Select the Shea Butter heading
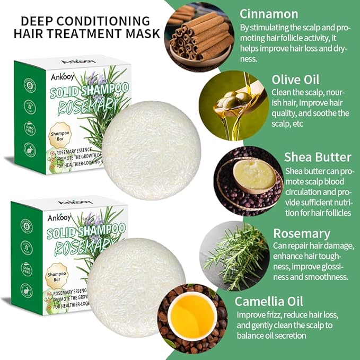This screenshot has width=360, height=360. tap(318, 157)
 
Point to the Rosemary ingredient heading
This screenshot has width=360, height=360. tap(302, 234)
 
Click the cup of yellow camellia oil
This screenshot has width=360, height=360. tap(192, 317)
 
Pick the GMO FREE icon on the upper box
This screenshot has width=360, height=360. tap(29, 129)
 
